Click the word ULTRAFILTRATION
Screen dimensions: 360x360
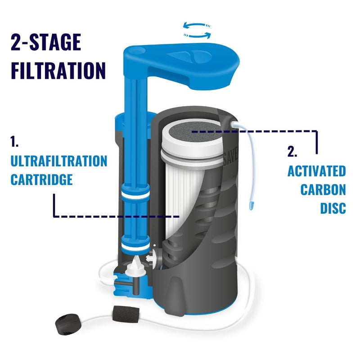58,161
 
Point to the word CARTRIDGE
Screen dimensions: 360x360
41,180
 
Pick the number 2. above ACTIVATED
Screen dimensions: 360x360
292,152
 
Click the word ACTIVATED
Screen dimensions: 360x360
317,171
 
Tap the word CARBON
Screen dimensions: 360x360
323,190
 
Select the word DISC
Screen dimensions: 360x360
333,209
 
